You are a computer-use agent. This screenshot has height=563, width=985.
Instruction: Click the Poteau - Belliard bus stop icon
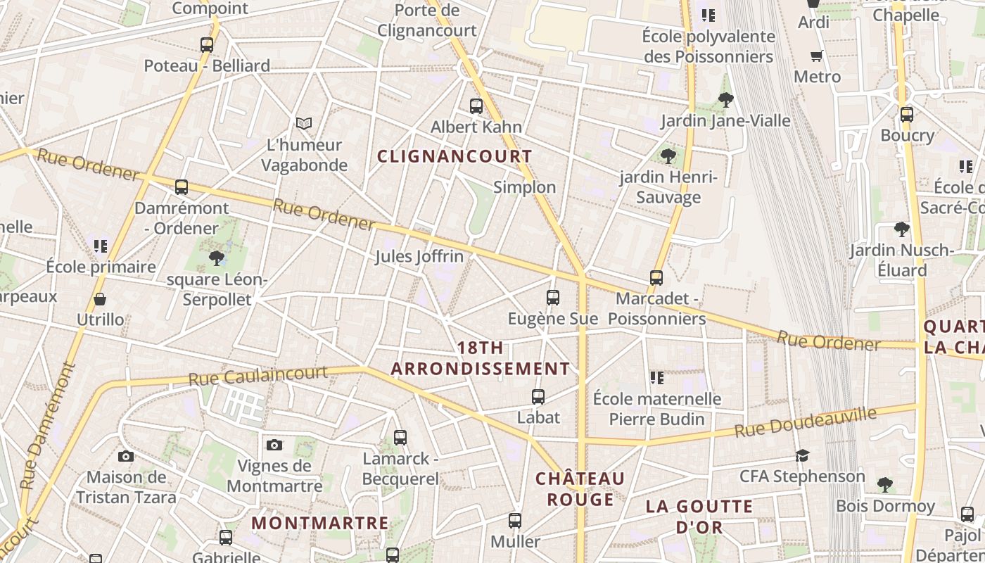point(206,45)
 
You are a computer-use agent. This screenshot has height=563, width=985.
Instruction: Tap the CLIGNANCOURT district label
point(455,156)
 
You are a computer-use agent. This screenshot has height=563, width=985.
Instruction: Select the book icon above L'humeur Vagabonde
point(303,124)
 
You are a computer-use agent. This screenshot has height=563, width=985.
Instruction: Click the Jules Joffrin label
point(419,256)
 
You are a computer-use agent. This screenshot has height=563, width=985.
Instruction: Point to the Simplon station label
point(524,187)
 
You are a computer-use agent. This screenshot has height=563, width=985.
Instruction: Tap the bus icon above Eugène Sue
point(553,298)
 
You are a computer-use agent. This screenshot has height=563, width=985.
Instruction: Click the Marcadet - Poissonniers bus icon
point(656,278)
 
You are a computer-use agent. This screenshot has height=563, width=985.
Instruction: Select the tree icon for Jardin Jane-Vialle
point(725,100)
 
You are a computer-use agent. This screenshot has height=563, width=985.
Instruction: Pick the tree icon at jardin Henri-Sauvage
point(668,156)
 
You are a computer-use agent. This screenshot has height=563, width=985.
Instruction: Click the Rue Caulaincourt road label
point(258,376)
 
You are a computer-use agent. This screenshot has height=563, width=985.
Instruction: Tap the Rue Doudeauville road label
point(806,422)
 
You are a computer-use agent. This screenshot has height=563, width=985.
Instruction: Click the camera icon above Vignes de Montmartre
point(274,445)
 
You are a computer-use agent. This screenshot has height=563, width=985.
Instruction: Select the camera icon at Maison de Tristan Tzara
point(126,457)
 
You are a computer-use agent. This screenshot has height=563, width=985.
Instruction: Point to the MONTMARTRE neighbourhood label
point(320,523)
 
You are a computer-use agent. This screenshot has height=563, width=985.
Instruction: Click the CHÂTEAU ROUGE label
point(580,489)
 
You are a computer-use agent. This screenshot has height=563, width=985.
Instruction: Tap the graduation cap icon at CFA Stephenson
point(802,456)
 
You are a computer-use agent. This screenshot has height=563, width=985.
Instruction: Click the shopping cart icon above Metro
point(817,56)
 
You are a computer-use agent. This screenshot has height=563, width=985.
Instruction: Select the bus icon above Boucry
point(907,114)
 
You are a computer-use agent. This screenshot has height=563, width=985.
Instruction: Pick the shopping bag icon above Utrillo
point(100,299)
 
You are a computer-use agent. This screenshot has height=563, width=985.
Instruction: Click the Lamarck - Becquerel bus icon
point(400,438)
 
